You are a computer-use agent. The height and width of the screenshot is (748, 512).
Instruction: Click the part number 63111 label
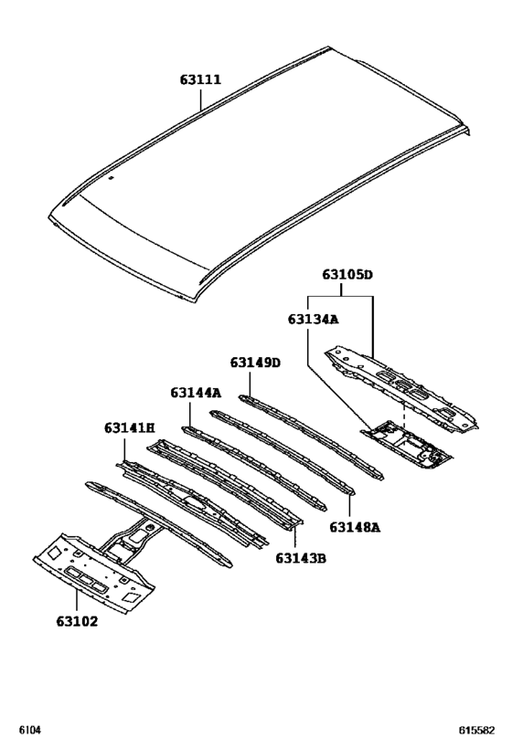199,80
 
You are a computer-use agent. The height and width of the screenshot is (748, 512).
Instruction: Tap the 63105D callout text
347,274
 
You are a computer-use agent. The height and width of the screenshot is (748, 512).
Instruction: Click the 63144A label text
195,393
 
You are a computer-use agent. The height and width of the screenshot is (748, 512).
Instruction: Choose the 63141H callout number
129,427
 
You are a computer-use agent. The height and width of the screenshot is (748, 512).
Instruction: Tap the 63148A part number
354,527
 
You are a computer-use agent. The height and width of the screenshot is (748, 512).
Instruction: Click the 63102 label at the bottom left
77,622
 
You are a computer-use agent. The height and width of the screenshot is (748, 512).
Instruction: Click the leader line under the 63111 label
203,100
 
